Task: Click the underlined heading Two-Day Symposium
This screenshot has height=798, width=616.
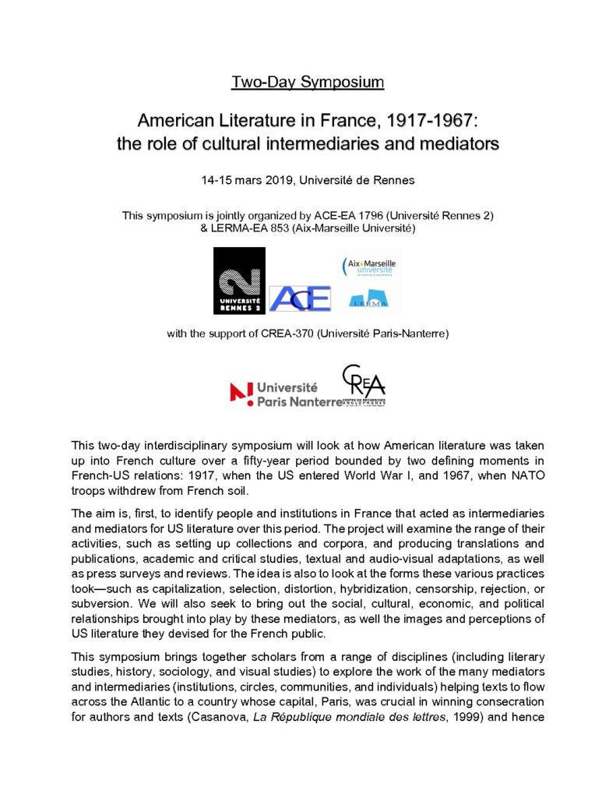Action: click(308, 81)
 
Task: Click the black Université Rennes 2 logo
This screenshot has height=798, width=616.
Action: click(239, 281)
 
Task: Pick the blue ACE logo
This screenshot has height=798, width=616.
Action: click(300, 298)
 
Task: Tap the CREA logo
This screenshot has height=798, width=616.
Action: click(365, 385)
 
